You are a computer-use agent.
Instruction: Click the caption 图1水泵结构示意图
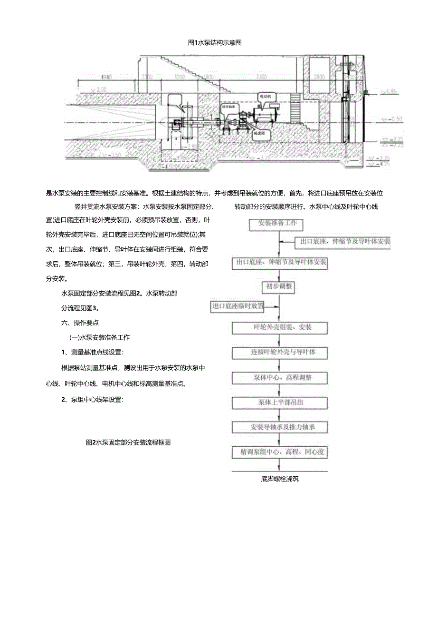[215, 43]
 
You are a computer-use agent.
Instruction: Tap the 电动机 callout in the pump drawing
[265, 96]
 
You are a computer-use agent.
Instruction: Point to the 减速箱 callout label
[260, 134]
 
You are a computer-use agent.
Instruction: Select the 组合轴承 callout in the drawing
[229, 108]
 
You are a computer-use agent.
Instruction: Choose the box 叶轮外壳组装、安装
[280, 328]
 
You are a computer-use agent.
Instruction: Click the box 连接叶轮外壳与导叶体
[280, 353]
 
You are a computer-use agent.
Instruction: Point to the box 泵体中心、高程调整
[280, 378]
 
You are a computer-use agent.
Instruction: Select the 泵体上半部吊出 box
[280, 403]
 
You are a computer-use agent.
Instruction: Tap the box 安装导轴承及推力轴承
[280, 427]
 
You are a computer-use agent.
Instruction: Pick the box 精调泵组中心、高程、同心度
[280, 452]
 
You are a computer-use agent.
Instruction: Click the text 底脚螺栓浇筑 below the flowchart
[280, 479]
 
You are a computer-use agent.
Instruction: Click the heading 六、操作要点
[80, 323]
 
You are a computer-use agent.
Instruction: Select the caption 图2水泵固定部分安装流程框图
[128, 442]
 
